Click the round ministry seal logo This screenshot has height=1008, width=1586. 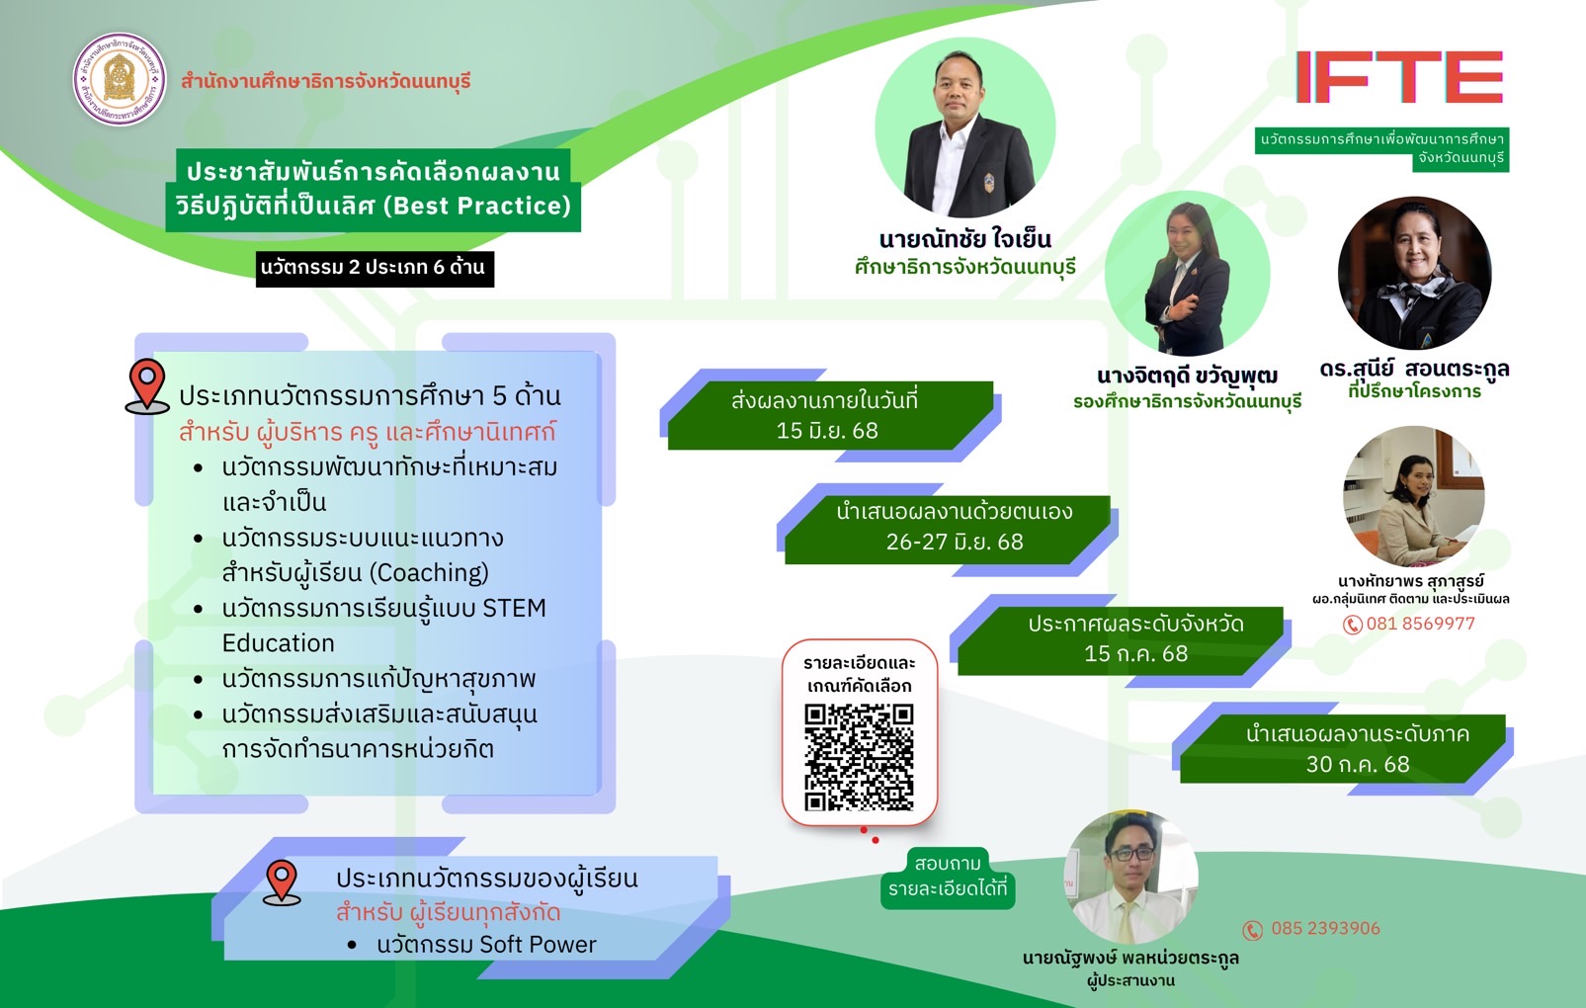pyautogui.click(x=120, y=79)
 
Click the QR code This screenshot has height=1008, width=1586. pyautogui.click(x=859, y=757)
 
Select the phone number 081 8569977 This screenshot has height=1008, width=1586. pyautogui.click(x=1420, y=624)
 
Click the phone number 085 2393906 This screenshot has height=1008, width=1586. pyautogui.click(x=1325, y=928)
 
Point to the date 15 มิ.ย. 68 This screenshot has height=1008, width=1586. pyautogui.click(x=827, y=431)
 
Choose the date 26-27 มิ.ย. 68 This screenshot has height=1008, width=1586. pyautogui.click(x=955, y=542)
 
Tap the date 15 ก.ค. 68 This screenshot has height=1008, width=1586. pyautogui.click(x=1135, y=653)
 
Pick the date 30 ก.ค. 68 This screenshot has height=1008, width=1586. pyautogui.click(x=1358, y=765)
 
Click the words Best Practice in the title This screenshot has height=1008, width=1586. pyautogui.click(x=476, y=206)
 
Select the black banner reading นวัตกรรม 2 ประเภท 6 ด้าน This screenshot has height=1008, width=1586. pyautogui.click(x=375, y=269)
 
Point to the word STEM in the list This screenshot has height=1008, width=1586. pyautogui.click(x=514, y=608)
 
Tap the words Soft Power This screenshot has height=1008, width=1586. pyautogui.click(x=538, y=945)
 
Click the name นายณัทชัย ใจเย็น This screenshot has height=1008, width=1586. pyautogui.click(x=965, y=239)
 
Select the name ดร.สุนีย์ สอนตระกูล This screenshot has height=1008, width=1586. pyautogui.click(x=1415, y=369)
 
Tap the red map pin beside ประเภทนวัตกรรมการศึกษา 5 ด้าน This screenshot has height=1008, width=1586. pyautogui.click(x=147, y=385)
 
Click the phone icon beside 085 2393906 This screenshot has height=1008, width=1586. pyautogui.click(x=1253, y=930)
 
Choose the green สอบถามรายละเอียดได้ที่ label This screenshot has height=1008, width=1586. pyautogui.click(x=948, y=877)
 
